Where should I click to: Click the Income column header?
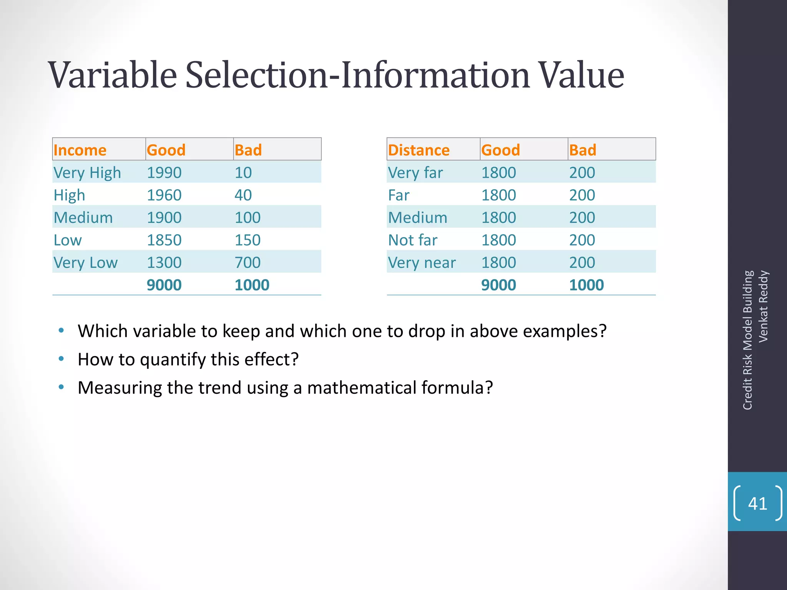pyautogui.click(x=80, y=150)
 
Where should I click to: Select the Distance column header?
pyautogui.click(x=418, y=150)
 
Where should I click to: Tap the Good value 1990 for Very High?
pyautogui.click(x=164, y=172)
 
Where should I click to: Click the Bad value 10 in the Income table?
pyautogui.click(x=243, y=172)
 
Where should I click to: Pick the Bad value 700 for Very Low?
pyautogui.click(x=247, y=263)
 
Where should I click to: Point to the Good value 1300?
pyautogui.click(x=164, y=263)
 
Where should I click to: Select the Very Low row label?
pyautogui.click(x=85, y=263)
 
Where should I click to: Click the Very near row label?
pyautogui.click(x=422, y=263)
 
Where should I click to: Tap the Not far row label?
pyautogui.click(x=412, y=240)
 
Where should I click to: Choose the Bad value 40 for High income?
pyautogui.click(x=243, y=195)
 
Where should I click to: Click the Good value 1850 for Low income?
pyautogui.click(x=164, y=240)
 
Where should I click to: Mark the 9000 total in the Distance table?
pyautogui.click(x=498, y=285)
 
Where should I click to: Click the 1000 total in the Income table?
pyautogui.click(x=252, y=285)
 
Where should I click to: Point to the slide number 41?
pyautogui.click(x=757, y=503)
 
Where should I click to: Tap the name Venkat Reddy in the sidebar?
pyautogui.click(x=763, y=306)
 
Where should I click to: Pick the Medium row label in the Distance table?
pyautogui.click(x=418, y=218)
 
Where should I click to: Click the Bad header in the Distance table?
pyautogui.click(x=583, y=150)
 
